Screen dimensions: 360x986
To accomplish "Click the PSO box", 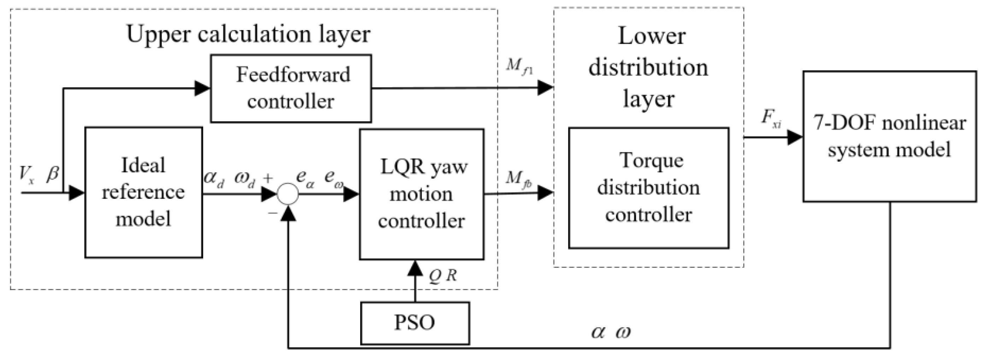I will click(x=415, y=323).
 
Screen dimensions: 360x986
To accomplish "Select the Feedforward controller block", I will click(x=291, y=88).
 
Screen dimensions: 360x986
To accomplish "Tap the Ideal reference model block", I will click(x=143, y=193).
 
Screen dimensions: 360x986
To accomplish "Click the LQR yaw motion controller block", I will click(x=421, y=194).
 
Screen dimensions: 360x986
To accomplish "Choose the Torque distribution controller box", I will click(x=648, y=188).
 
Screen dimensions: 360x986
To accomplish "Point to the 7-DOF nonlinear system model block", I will click(x=889, y=136).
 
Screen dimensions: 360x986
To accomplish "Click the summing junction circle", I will click(x=287, y=194).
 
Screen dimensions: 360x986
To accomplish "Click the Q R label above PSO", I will click(x=443, y=276).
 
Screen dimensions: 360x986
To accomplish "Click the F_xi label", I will click(x=770, y=119).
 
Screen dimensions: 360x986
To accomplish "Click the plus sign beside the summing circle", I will click(x=268, y=178).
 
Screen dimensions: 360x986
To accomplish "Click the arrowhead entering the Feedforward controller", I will click(x=203, y=88).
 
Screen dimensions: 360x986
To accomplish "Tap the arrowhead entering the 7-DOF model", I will click(x=794, y=137).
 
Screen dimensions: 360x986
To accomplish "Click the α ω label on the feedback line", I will click(x=611, y=332).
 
